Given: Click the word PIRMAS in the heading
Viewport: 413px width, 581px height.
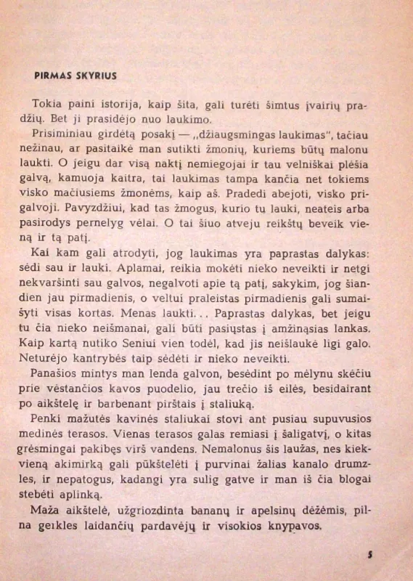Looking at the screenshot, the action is (x=53, y=75).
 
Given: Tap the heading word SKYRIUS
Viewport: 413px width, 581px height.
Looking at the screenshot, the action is (x=95, y=75).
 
